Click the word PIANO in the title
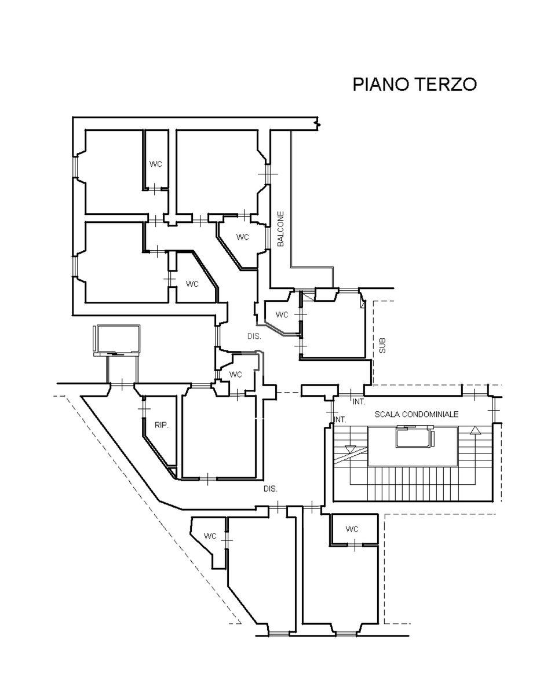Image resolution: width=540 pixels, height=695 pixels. [x=381, y=85]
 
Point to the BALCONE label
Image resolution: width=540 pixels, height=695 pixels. [x=280, y=229]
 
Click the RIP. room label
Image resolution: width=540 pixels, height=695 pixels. [x=162, y=425]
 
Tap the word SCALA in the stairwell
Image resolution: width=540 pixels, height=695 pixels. [x=388, y=415]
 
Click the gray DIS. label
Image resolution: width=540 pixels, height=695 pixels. [x=254, y=336]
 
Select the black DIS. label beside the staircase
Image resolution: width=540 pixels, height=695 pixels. [x=270, y=489]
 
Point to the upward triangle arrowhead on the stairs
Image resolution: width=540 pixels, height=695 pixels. [x=476, y=430]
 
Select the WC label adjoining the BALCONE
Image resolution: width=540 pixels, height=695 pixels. [x=242, y=237]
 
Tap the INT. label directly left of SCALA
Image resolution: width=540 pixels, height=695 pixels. [x=340, y=419]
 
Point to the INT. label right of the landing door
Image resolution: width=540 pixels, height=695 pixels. [x=359, y=401]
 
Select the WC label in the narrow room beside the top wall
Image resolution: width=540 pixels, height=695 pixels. [x=156, y=164]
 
